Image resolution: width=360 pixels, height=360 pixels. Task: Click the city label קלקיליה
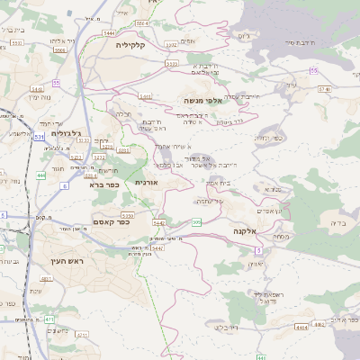131,43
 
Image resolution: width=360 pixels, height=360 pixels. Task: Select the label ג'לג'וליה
67,133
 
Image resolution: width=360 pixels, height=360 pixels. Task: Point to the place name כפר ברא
103,184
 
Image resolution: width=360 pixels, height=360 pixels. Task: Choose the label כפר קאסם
112,221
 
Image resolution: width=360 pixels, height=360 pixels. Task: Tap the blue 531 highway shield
38,137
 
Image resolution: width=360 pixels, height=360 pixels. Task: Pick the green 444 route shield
42,176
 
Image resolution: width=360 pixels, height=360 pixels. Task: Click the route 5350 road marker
127,216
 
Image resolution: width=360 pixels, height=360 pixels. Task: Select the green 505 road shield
196,220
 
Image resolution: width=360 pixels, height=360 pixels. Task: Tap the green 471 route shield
49,319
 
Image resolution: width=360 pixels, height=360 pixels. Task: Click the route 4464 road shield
302,328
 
